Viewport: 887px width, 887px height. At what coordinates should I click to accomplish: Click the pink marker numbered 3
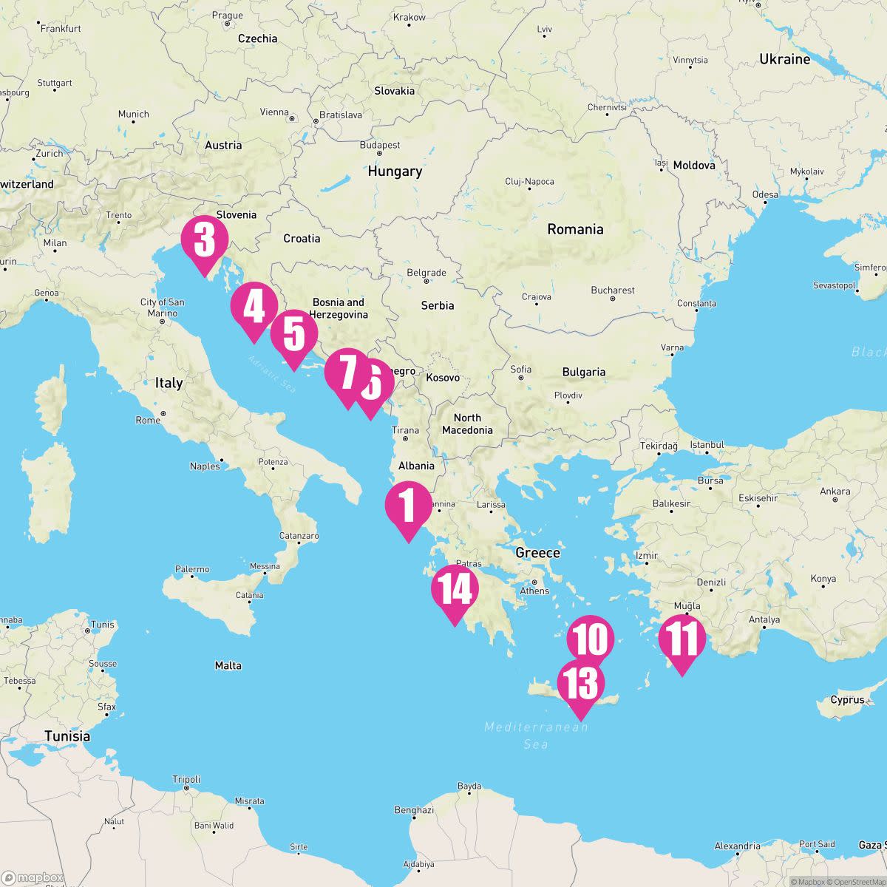204,239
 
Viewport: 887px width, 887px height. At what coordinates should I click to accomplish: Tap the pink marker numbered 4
254,307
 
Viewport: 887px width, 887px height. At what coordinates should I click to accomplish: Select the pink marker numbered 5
293,333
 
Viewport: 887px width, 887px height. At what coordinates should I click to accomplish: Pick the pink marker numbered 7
346,372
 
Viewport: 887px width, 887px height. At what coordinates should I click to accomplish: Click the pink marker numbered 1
408,506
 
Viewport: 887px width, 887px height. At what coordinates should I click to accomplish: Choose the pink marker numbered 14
455,589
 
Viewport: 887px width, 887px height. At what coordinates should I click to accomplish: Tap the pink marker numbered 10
591,639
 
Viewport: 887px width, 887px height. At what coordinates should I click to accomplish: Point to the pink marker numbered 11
681,639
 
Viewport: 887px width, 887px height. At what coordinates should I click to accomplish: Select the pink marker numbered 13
580,684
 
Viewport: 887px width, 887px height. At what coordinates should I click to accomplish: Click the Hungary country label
395,171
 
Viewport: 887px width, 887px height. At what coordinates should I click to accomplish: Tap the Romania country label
575,229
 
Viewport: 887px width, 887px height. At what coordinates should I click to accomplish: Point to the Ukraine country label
784,59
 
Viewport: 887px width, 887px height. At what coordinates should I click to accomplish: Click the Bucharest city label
613,290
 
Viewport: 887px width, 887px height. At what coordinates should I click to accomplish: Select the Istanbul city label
707,445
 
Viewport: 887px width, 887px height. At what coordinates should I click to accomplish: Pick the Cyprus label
847,699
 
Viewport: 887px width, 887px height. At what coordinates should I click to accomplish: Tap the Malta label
228,665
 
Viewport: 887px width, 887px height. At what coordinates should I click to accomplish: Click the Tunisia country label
67,736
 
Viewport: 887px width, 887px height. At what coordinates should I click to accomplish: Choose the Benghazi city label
414,810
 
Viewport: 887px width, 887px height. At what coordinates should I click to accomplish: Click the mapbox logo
33,878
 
